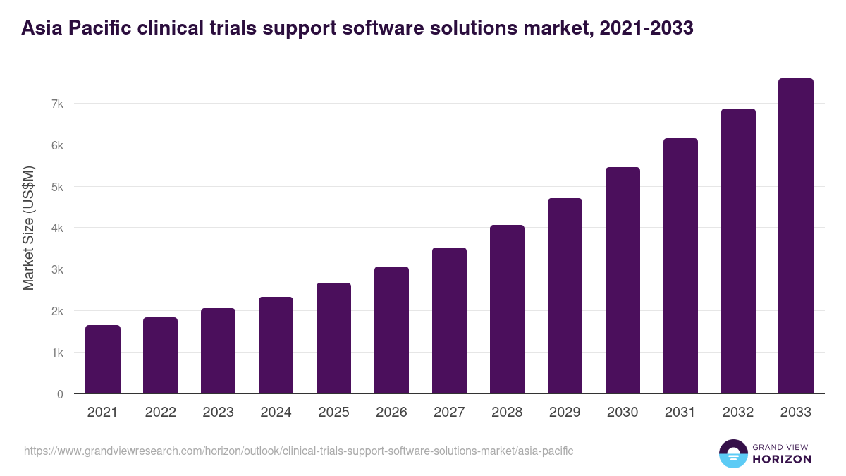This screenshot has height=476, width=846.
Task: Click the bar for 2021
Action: (103, 360)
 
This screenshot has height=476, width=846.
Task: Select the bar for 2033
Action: (796, 236)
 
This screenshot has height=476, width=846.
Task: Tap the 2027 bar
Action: (449, 321)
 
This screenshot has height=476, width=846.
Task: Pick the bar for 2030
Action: (623, 281)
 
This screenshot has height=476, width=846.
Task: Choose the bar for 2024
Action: (276, 346)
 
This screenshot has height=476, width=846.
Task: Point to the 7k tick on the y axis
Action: (57, 104)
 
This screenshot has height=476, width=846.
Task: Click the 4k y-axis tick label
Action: (57, 228)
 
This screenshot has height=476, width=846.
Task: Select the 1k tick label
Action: (57, 353)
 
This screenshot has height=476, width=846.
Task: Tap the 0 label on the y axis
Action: (60, 394)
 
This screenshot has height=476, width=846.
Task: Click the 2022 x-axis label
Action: (160, 413)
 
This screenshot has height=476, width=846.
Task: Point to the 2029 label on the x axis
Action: (565, 413)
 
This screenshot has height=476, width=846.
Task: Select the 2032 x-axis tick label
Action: (738, 413)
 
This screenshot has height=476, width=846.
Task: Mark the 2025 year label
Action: (333, 413)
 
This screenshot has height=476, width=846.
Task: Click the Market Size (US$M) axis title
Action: (28, 228)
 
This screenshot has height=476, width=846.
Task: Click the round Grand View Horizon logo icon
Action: (732, 453)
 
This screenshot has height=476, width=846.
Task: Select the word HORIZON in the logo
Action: (783, 459)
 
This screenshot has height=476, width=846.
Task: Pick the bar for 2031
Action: (680, 266)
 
